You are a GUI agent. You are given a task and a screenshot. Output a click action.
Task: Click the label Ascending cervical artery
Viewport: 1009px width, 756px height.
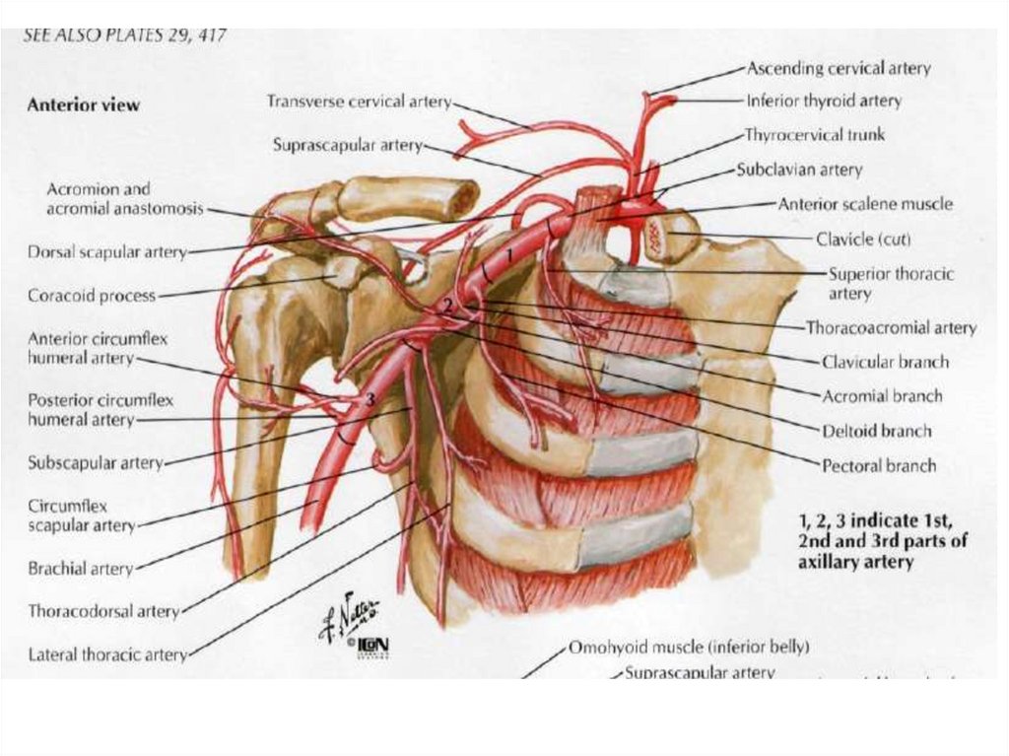pyautogui.click(x=839, y=69)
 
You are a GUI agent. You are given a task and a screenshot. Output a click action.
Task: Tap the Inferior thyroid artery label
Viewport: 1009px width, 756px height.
pyautogui.click(x=824, y=101)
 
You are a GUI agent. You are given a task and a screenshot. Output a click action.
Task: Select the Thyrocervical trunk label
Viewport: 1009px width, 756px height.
pyautogui.click(x=814, y=135)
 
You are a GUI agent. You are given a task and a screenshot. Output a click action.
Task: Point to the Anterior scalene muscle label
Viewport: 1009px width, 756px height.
pyautogui.click(x=865, y=204)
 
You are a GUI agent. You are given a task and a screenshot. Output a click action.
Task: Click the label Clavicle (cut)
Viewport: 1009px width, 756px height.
pyautogui.click(x=863, y=239)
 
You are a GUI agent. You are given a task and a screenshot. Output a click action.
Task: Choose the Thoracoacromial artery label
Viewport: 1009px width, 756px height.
pyautogui.click(x=891, y=327)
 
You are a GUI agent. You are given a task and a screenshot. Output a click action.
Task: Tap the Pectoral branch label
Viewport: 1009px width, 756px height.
pyautogui.click(x=879, y=464)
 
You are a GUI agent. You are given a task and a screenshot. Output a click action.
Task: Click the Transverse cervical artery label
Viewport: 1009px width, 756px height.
pyautogui.click(x=359, y=102)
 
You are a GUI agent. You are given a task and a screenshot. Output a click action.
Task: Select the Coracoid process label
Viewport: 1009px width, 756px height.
pyautogui.click(x=92, y=295)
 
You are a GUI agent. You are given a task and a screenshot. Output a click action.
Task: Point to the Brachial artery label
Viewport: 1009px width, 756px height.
pyautogui.click(x=80, y=569)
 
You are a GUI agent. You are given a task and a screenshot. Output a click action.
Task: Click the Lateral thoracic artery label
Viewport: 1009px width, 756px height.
pyautogui.click(x=107, y=653)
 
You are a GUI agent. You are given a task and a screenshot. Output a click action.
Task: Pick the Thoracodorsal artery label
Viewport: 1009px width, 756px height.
pyautogui.click(x=103, y=611)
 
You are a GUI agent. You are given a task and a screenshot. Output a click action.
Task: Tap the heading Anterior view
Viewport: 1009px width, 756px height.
pyautogui.click(x=83, y=104)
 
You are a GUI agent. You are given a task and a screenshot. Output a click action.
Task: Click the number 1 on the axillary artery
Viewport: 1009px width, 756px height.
pyautogui.click(x=508, y=255)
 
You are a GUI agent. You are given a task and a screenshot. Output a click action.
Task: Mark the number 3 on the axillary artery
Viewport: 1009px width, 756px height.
pyautogui.click(x=369, y=398)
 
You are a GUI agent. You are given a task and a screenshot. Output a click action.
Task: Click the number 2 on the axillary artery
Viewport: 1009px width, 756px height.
pyautogui.click(x=447, y=307)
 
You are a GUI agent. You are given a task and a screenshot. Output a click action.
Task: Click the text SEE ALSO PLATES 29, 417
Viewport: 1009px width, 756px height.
pyautogui.click(x=124, y=36)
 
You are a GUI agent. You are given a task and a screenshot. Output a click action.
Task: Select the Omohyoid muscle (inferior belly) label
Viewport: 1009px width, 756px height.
pyautogui.click(x=689, y=648)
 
